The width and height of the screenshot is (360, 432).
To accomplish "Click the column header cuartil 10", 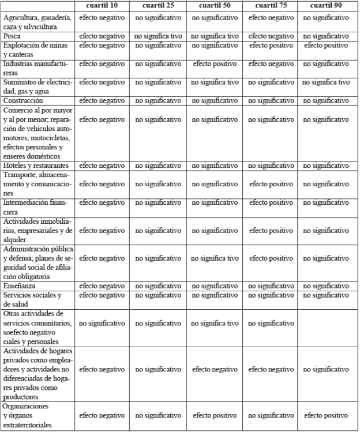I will (x=102, y=5).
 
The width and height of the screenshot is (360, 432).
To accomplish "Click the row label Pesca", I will (x=14, y=36).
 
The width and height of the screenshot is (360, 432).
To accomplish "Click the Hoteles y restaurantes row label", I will (x=37, y=166).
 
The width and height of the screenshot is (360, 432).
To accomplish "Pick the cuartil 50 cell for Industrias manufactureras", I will (x=215, y=63).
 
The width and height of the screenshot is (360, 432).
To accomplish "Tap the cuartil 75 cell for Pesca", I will (x=271, y=36).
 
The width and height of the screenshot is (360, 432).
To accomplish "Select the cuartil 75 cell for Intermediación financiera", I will (x=271, y=202).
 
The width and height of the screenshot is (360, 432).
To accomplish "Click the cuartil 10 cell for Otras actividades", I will (x=102, y=323).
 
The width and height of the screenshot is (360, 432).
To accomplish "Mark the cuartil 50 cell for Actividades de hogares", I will (x=215, y=369).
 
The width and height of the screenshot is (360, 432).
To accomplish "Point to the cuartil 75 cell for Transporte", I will (x=271, y=184).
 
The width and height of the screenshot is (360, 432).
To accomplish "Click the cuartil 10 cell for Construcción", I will (x=102, y=100).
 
